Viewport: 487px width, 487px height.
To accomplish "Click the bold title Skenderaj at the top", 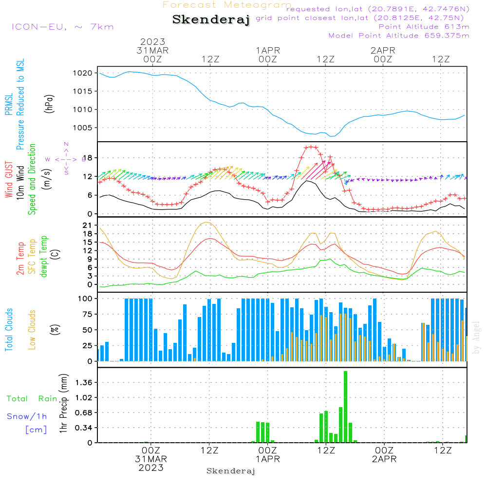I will click(211, 20).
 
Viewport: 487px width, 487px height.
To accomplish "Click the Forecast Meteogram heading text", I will click(227, 5).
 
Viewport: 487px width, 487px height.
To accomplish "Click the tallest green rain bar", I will click(345, 407).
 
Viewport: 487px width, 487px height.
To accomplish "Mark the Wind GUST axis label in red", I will click(9, 180).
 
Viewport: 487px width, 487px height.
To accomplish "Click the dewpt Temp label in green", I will click(44, 257).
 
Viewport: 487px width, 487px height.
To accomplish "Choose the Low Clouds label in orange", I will click(32, 330).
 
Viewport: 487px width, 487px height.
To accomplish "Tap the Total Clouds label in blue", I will click(9, 330).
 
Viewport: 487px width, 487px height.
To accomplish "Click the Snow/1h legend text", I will click(27, 416).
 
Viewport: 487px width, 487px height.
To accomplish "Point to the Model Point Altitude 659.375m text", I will click(399, 36).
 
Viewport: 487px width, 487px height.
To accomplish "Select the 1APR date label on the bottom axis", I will click(267, 459).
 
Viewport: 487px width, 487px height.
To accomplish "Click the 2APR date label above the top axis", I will click(383, 51).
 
